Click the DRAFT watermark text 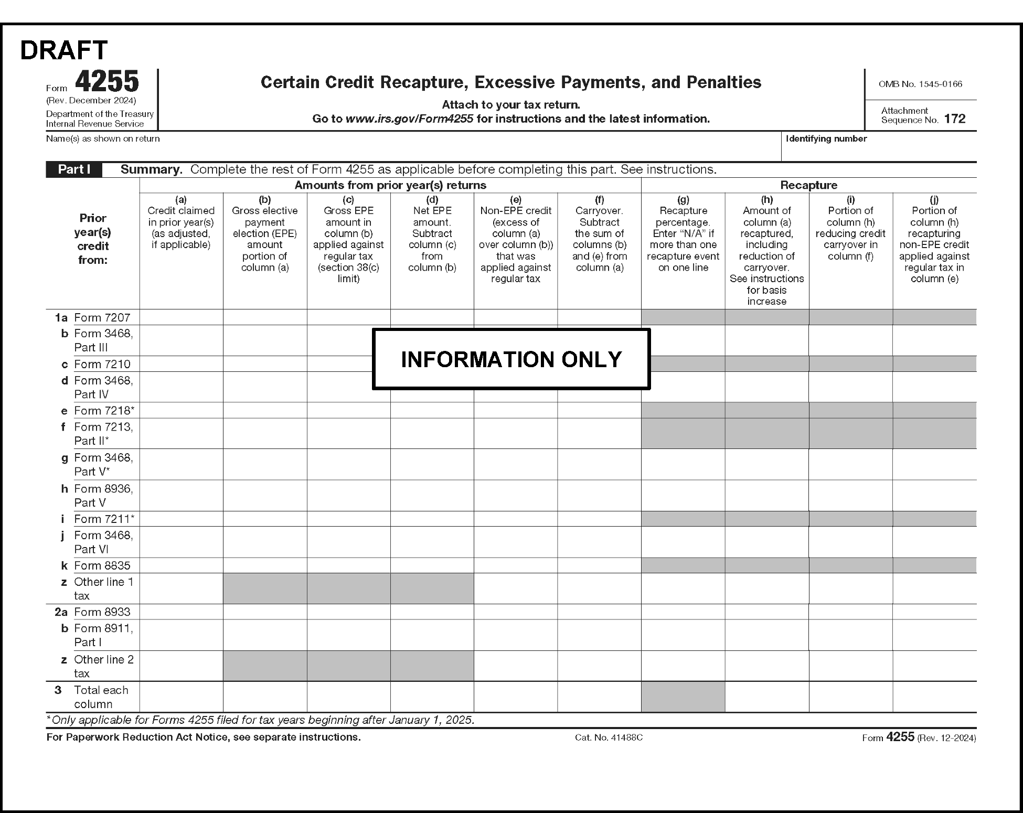point(63,50)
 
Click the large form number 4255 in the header point(107,82)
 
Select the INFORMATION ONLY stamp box point(511,359)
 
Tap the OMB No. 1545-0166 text point(920,84)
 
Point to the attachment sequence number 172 point(954,119)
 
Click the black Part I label point(74,169)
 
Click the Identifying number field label point(826,138)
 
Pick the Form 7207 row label point(102,317)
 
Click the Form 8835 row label point(102,565)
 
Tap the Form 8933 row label point(102,612)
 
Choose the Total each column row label point(101,697)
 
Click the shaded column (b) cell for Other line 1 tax point(265,589)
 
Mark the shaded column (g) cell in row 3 point(683,697)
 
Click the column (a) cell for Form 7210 point(181,364)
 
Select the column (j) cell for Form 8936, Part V point(934,496)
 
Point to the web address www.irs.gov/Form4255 point(409,119)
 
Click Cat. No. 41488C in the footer point(609,737)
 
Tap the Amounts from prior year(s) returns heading point(390,185)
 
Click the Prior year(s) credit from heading point(93,239)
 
